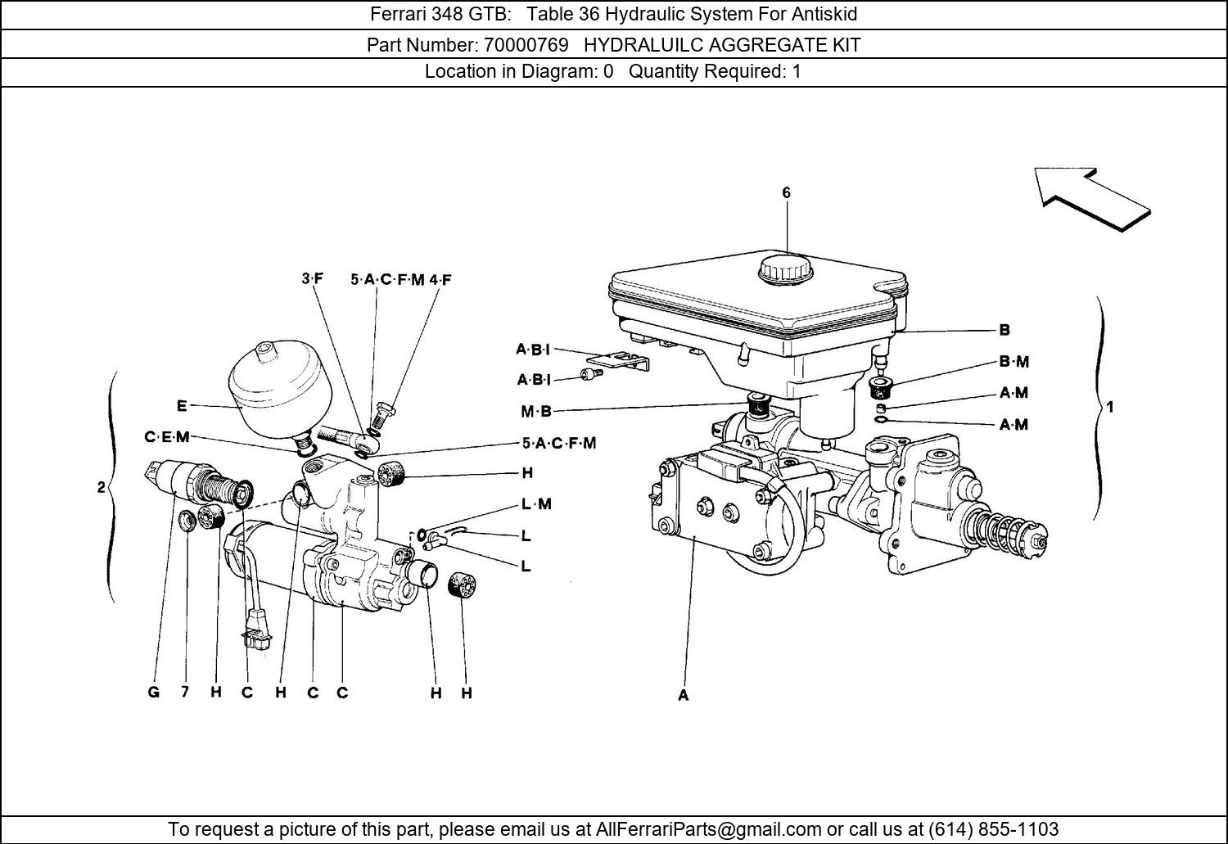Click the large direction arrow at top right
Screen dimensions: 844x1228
tap(1093, 197)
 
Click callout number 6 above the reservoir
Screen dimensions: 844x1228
tap(787, 193)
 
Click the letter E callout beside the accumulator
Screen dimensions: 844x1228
tap(182, 406)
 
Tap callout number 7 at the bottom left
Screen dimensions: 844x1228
tap(186, 692)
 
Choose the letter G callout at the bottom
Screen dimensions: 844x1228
tap(154, 693)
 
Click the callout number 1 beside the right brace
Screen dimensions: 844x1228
tap(1110, 407)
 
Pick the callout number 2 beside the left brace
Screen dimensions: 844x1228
tap(101, 488)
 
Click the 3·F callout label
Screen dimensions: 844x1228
tap(312, 279)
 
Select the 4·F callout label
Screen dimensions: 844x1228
tap(440, 280)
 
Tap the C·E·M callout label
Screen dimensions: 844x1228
tap(167, 437)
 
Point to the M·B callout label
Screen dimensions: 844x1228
tap(536, 412)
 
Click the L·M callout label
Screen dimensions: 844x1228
tap(536, 504)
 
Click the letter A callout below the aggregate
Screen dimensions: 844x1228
tap(684, 696)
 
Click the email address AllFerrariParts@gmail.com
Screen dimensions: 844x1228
tap(708, 829)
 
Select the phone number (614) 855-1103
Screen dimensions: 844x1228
tap(993, 829)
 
